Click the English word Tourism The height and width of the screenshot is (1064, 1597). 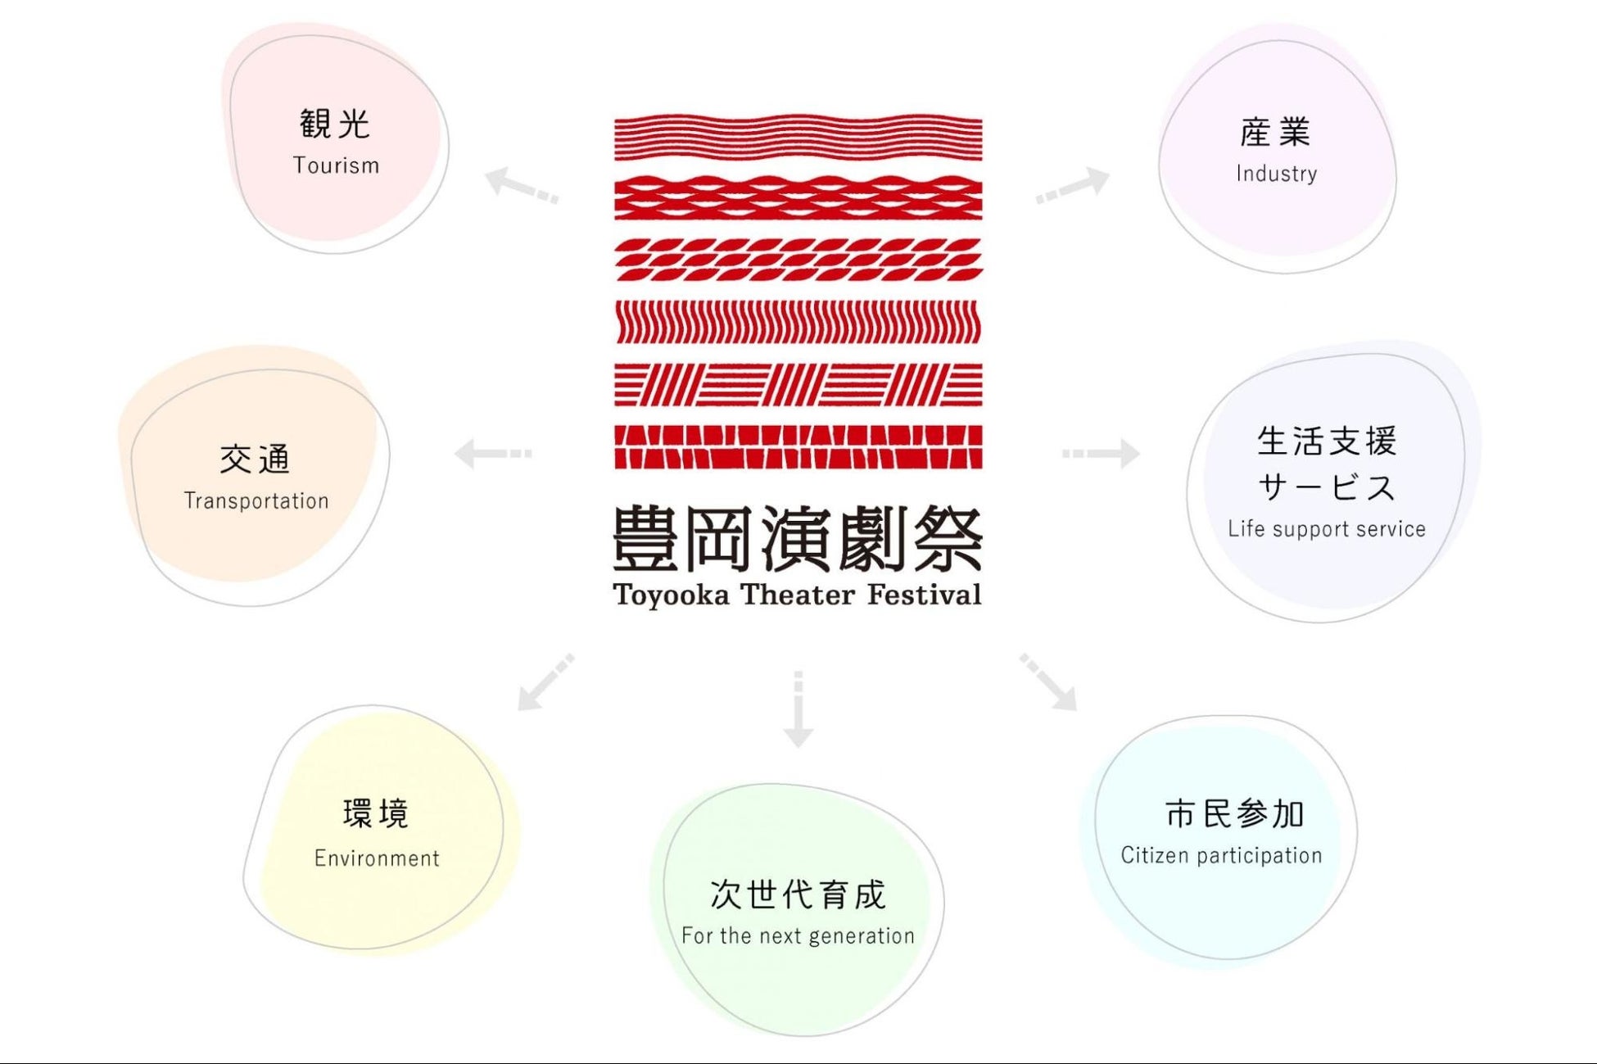point(336,165)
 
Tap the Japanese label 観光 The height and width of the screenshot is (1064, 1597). point(335,124)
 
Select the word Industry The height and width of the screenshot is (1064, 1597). point(1276,174)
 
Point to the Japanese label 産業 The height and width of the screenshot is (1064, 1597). point(1275,132)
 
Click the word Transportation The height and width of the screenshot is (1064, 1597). point(256,500)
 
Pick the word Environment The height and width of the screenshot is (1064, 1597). point(377,858)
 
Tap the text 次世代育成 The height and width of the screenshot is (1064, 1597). point(798,894)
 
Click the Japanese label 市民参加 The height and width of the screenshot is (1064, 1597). point(1234,813)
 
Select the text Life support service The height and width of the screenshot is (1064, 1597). point(1326,529)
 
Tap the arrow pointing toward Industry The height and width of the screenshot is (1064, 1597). point(1073,185)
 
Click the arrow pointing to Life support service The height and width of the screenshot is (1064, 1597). point(1101,453)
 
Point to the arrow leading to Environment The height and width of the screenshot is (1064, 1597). point(545,682)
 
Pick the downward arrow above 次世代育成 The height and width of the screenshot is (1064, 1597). point(798,709)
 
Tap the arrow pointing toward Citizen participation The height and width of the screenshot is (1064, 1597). point(1048,681)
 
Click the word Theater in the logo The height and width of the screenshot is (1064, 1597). point(798,595)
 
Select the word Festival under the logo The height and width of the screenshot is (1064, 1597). point(924,595)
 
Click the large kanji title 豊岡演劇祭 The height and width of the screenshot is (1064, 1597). point(798,538)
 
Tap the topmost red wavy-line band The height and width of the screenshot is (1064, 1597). point(798,137)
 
